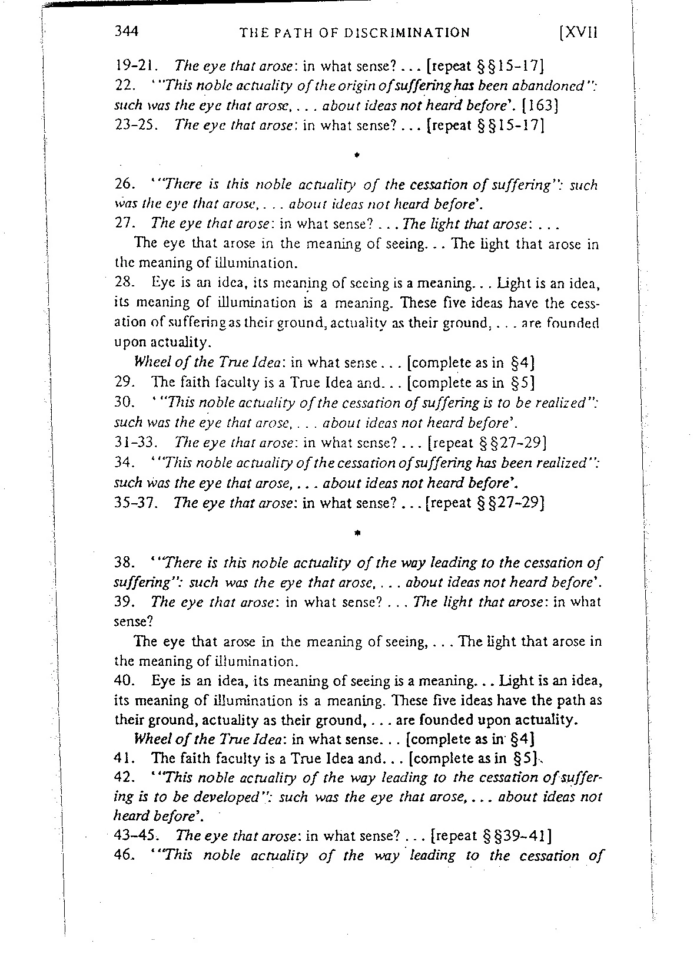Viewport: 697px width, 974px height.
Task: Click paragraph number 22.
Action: point(122,85)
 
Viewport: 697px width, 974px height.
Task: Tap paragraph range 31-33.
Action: point(134,442)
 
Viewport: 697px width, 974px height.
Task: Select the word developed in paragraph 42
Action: point(187,797)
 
